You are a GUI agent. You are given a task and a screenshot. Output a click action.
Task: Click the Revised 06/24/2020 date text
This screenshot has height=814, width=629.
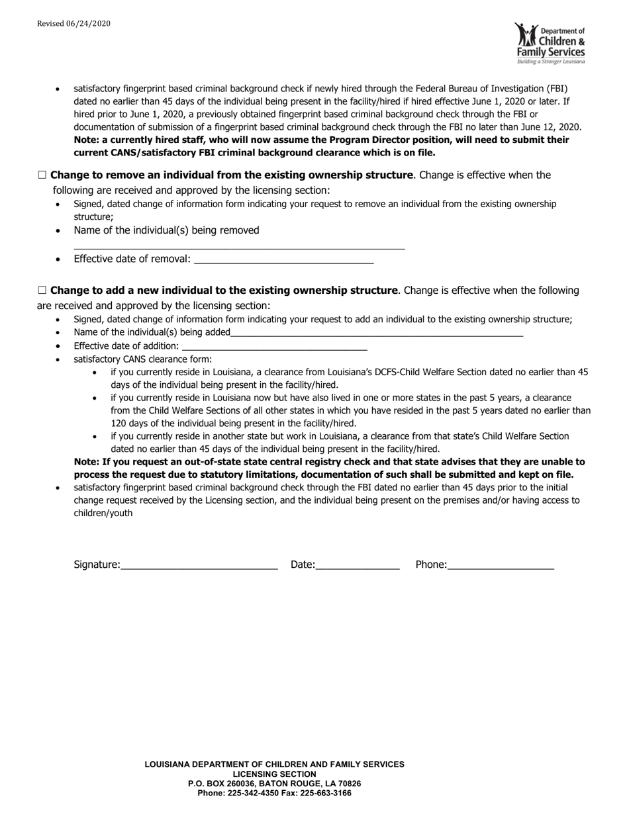tap(73, 24)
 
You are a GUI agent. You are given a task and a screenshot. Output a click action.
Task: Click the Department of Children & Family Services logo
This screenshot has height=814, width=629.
tap(550, 43)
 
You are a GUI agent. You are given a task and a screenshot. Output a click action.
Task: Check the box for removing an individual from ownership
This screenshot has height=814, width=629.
tap(42, 175)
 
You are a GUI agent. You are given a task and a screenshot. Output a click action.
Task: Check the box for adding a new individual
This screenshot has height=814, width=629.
tap(42, 291)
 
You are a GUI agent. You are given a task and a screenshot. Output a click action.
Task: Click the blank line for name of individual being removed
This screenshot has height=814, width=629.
tap(239, 247)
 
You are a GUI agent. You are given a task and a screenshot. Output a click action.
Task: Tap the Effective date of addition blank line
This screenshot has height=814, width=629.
tap(274, 347)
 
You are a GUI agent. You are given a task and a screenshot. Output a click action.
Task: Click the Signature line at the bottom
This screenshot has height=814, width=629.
tap(199, 566)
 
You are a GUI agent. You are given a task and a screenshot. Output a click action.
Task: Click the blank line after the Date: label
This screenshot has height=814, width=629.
tap(358, 566)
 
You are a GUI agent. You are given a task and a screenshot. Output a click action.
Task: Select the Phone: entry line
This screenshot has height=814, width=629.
tap(501, 566)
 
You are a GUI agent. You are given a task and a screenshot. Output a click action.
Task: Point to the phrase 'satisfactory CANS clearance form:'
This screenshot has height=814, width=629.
tap(142, 359)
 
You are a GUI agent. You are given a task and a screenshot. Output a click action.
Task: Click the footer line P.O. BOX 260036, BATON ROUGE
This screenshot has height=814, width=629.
tap(274, 784)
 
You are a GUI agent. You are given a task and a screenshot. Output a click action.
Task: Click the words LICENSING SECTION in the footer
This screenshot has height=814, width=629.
tap(274, 774)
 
